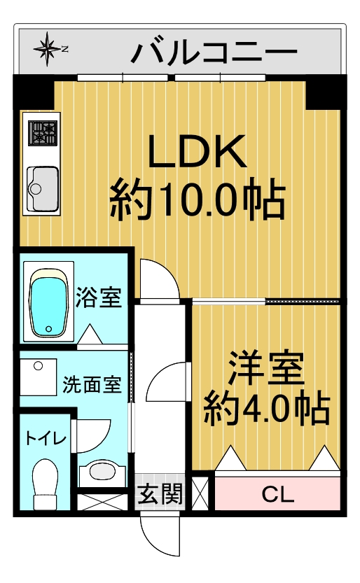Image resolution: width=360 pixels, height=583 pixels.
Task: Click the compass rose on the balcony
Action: (x=47, y=49)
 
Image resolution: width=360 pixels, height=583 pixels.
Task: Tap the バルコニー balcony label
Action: (x=214, y=52)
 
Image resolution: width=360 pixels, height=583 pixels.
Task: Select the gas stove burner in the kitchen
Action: (x=42, y=134)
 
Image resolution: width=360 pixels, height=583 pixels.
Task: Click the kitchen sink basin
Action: (x=43, y=189)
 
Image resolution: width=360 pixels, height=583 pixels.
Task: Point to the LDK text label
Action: (x=197, y=152)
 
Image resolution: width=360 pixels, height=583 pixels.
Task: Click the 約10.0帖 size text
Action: (x=198, y=199)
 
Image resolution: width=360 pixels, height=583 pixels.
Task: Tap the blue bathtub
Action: (x=49, y=301)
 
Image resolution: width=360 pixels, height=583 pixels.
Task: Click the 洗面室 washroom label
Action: (x=92, y=384)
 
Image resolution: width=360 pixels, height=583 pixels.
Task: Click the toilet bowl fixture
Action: (x=46, y=484)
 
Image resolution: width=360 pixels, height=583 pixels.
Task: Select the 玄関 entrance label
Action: (x=160, y=493)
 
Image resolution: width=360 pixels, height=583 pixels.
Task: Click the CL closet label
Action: (x=278, y=494)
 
